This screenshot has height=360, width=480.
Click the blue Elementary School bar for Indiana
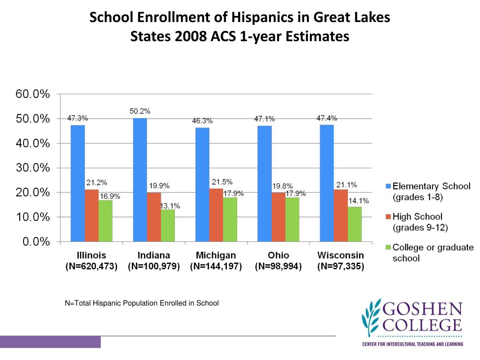[140, 180]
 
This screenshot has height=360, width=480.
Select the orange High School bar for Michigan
[216, 215]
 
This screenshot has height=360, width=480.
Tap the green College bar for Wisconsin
[354, 224]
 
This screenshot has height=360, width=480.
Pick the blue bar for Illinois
[78, 183]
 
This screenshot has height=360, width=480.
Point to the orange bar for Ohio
[278, 217]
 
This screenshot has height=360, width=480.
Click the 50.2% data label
[140, 111]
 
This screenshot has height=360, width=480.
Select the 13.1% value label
[170, 206]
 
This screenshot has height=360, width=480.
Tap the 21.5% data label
[222, 182]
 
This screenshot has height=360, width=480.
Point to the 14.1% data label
[358, 201]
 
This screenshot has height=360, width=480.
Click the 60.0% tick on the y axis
[33, 94]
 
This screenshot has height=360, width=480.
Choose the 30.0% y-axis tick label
[33, 168]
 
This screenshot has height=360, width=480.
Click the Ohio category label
[278, 255]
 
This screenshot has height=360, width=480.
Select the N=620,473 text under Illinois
[91, 267]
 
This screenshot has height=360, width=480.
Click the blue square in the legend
[387, 187]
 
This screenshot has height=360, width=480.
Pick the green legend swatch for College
[387, 247]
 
